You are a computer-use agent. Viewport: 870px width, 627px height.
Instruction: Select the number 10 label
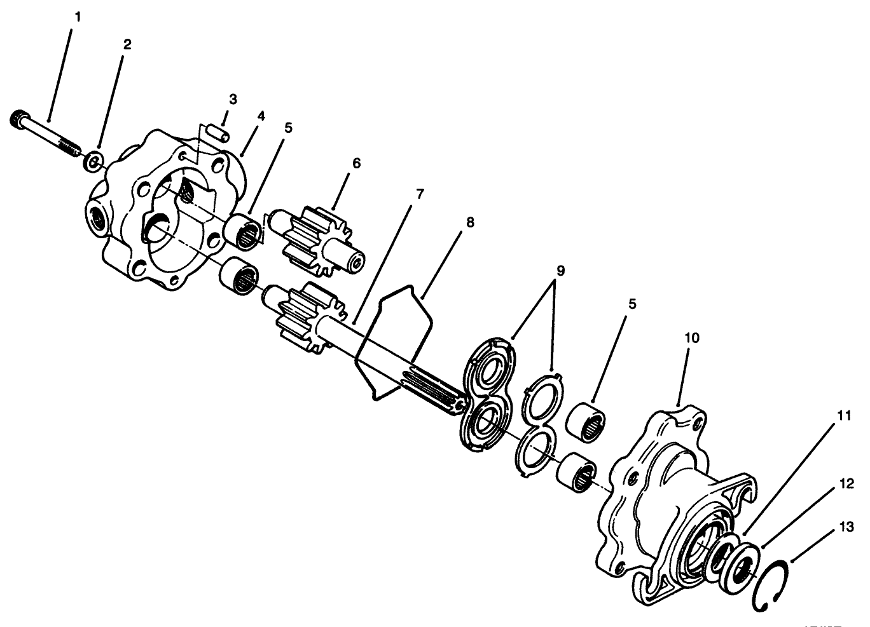coord(691,337)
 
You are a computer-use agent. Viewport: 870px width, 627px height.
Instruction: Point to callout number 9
coord(560,270)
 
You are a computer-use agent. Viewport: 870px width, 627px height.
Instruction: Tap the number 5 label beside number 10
coord(632,304)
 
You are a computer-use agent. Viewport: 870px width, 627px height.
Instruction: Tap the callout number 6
coord(356,163)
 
